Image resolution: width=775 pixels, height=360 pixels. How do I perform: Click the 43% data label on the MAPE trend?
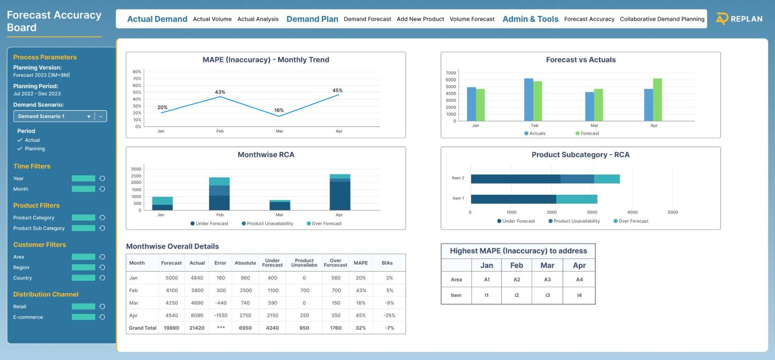click(220, 92)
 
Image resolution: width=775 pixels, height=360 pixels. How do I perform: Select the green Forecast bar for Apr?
click(657, 99)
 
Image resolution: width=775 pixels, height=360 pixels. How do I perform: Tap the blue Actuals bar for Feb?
click(528, 99)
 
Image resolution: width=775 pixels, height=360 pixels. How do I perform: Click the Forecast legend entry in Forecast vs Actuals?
click(588, 133)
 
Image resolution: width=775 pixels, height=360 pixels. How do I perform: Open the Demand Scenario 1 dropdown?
click(53, 116)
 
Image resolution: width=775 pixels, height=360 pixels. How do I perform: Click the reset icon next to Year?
click(102, 178)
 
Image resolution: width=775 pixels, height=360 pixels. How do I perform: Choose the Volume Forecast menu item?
click(472, 19)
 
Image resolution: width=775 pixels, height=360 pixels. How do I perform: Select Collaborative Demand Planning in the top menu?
click(662, 19)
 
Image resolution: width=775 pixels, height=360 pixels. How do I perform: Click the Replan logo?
click(739, 19)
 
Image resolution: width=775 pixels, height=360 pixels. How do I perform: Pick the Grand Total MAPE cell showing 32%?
click(361, 328)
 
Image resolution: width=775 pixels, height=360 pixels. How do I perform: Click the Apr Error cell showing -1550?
click(220, 315)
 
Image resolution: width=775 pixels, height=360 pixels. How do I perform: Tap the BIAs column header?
click(389, 263)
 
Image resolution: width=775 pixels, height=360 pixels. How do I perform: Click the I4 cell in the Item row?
click(579, 295)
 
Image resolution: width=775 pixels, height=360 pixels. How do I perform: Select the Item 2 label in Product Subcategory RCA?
click(458, 178)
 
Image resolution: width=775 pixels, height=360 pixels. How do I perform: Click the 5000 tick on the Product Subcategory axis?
click(672, 212)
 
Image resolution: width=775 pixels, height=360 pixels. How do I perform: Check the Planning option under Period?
click(34, 149)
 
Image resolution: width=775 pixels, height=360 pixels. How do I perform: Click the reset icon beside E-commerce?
click(102, 317)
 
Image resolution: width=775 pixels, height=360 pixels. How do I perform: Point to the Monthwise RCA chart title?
click(266, 155)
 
